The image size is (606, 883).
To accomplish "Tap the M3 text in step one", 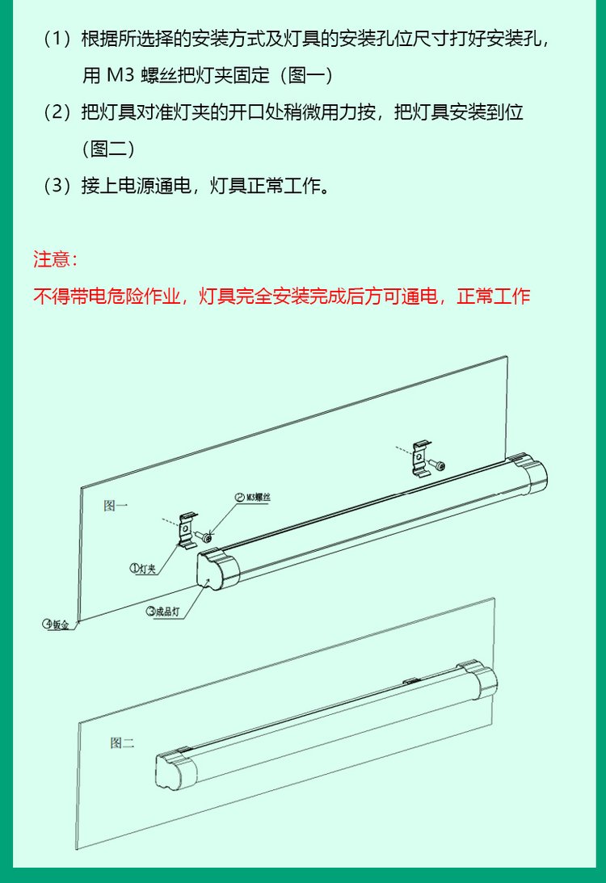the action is click(x=120, y=75).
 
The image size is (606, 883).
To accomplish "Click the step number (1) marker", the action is click(x=57, y=39).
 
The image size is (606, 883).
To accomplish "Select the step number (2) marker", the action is click(x=57, y=112).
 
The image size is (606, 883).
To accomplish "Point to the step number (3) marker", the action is click(x=57, y=185).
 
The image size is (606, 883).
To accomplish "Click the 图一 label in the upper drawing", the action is click(x=116, y=505).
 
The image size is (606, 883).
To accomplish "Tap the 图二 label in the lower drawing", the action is click(x=122, y=742).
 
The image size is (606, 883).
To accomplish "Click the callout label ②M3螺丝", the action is click(x=253, y=498).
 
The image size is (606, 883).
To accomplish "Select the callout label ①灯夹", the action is click(x=143, y=569).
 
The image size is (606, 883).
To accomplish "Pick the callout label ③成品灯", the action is click(x=162, y=612).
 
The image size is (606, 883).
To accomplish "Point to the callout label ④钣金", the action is click(x=57, y=624).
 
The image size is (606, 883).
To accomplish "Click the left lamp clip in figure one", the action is click(x=187, y=529).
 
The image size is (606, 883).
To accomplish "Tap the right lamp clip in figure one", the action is click(x=421, y=458).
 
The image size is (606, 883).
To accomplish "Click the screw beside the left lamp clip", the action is click(x=204, y=536).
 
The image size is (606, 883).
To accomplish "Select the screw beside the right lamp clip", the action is click(x=437, y=465).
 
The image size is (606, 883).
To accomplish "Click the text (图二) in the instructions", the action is click(x=108, y=149).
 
